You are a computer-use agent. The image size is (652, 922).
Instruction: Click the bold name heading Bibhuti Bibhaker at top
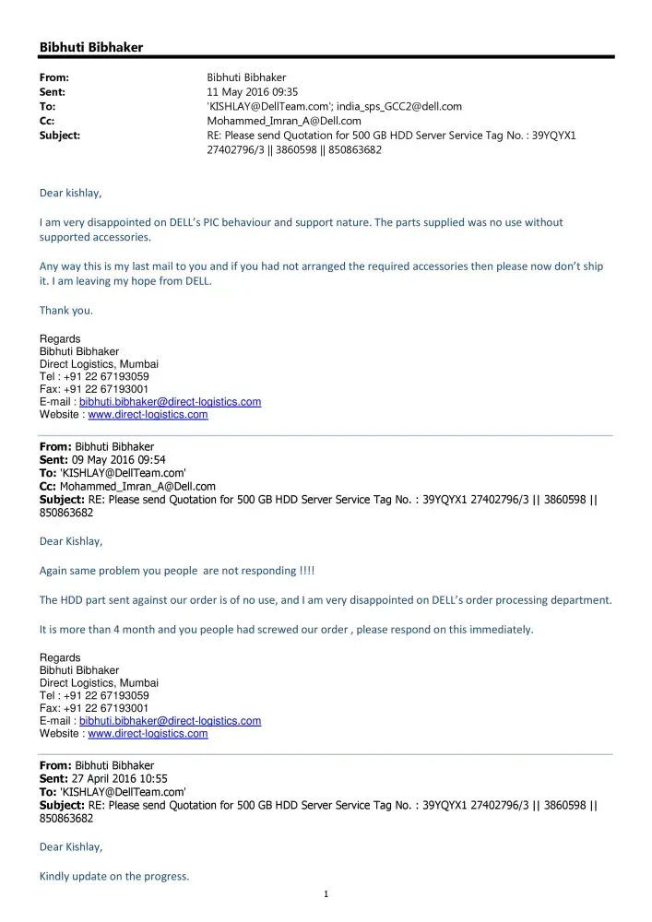tap(91, 47)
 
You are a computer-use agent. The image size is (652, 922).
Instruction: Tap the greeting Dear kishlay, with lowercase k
tap(71, 193)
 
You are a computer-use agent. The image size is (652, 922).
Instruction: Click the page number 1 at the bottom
tap(326, 893)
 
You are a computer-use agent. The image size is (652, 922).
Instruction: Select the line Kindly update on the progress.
tap(114, 876)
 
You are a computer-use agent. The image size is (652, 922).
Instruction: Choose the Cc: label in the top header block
tap(48, 121)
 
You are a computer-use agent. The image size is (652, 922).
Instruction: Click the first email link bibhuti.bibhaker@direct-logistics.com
tap(170, 402)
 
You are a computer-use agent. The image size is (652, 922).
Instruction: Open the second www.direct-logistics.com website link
tap(148, 734)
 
